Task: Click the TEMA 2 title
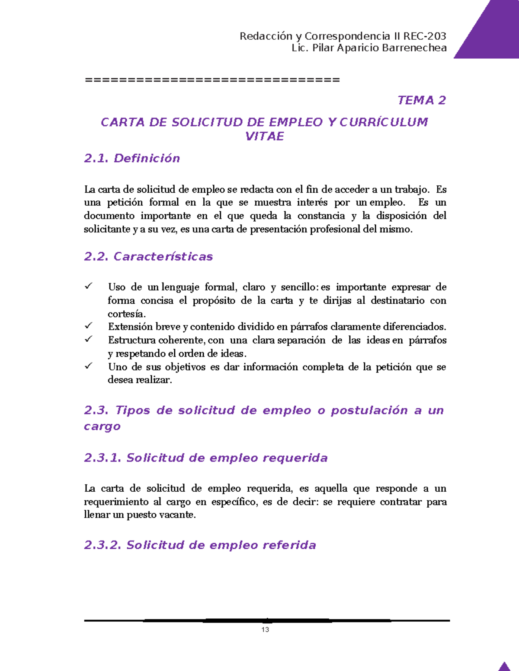point(421,100)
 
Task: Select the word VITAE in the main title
point(264,137)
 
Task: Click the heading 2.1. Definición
point(132,159)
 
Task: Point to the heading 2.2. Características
point(148,257)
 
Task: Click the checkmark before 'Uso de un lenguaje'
point(89,286)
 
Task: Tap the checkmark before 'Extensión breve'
point(89,325)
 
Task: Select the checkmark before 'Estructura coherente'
point(89,339)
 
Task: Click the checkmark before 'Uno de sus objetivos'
point(89,366)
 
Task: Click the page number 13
point(265,630)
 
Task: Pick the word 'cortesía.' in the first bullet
point(127,314)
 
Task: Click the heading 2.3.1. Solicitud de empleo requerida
point(206,458)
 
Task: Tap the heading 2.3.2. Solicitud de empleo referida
point(200,545)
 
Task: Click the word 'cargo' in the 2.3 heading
point(102,427)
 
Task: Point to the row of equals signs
point(212,80)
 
